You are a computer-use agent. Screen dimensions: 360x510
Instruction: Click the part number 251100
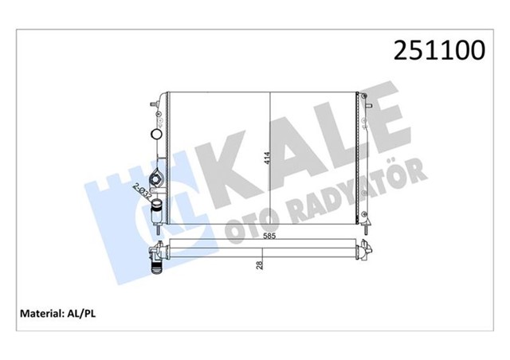[x=437, y=50]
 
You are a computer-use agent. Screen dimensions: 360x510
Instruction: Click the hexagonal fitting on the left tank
[x=156, y=178]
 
